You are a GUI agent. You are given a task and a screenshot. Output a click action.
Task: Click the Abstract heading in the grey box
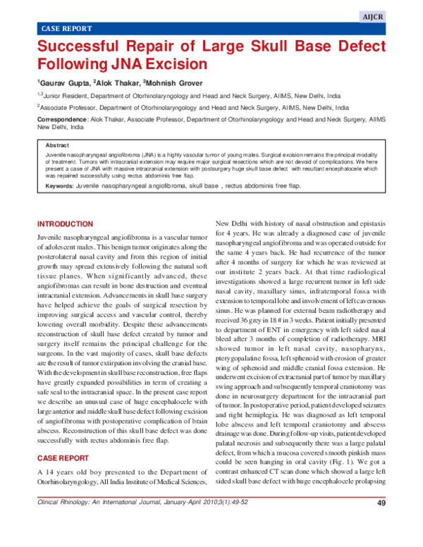tap(58, 145)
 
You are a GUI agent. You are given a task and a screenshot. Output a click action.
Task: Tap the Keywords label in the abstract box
tap(59, 185)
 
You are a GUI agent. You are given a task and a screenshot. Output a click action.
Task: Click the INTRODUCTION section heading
tap(64, 223)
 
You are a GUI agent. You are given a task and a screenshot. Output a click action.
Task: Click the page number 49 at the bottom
tap(381, 522)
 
